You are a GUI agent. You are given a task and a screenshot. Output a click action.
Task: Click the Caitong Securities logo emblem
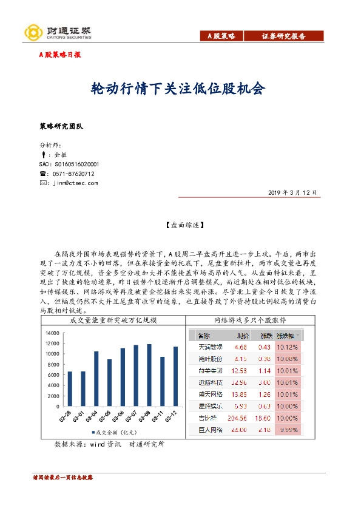tap(31, 31)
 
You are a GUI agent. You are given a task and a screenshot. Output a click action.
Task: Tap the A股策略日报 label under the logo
tap(59, 55)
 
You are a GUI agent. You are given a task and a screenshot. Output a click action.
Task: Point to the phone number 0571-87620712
tap(74, 174)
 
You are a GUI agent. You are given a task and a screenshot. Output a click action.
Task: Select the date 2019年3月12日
tap(292, 192)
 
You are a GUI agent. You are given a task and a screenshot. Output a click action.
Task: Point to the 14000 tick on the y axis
tap(51, 333)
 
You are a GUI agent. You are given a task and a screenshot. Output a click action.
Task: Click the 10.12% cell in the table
tap(287, 347)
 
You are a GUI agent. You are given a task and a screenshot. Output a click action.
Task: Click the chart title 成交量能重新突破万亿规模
tap(113, 319)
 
